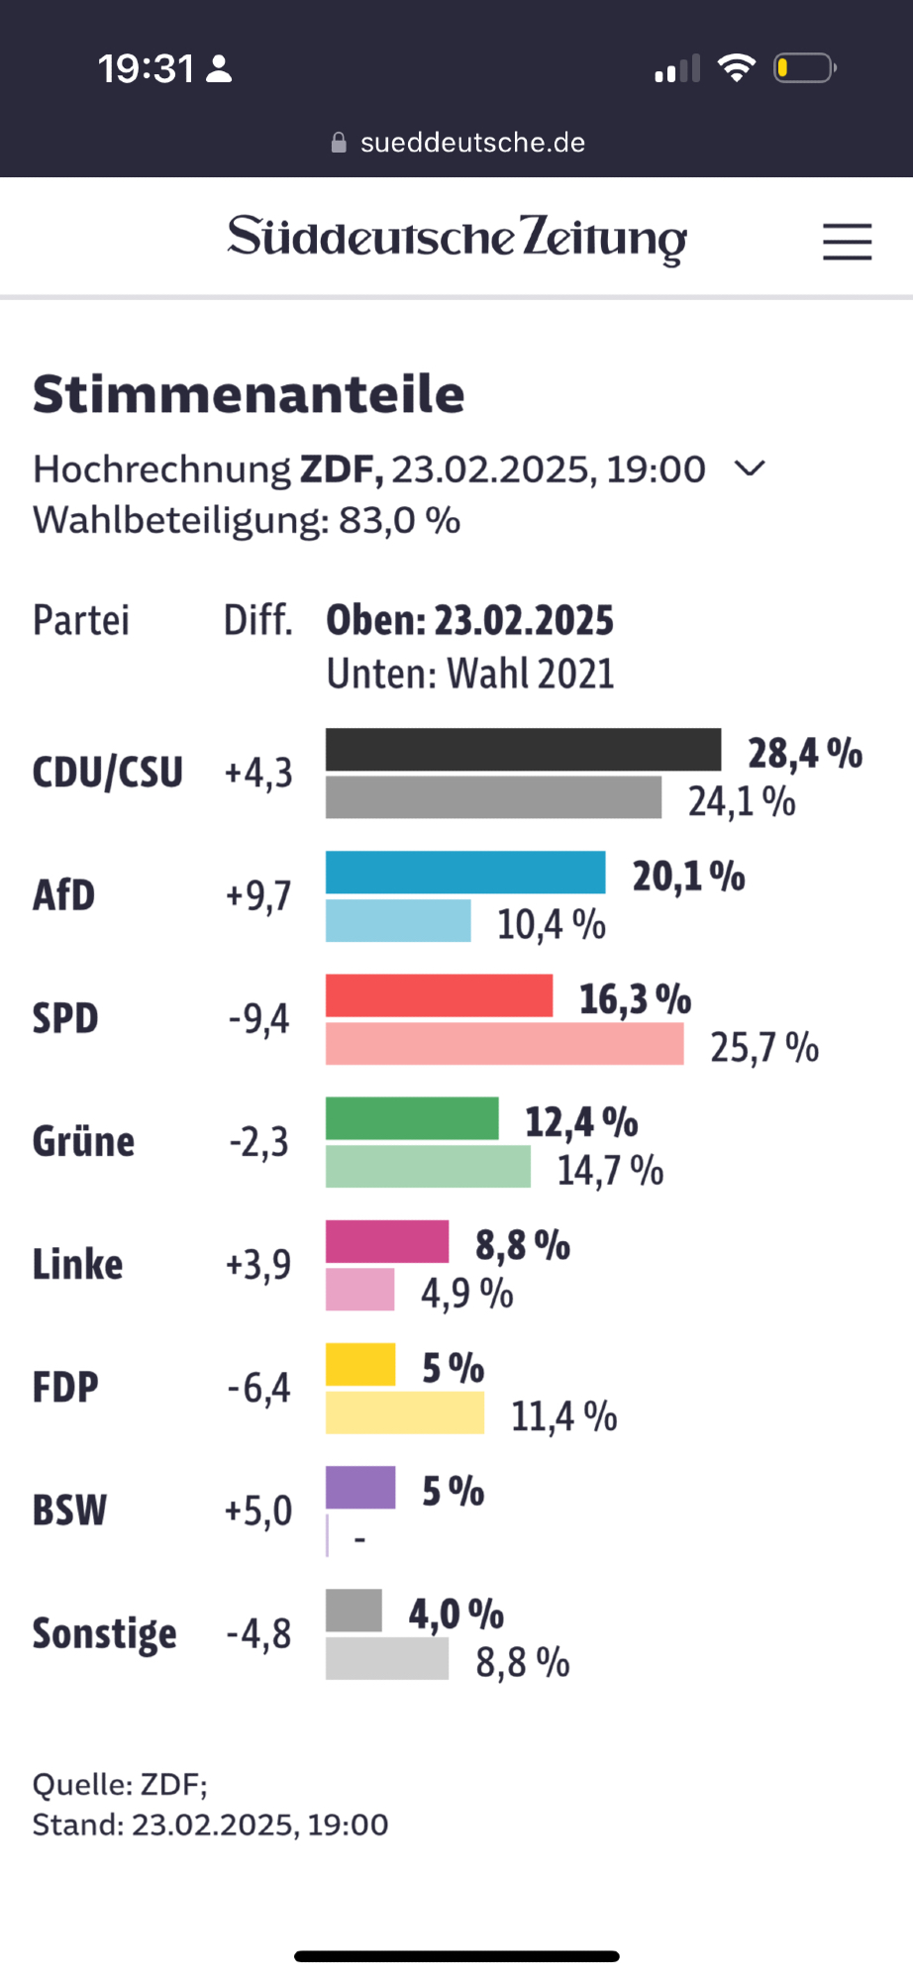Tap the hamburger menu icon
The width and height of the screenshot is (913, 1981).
click(x=847, y=242)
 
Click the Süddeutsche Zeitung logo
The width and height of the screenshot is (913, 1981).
click(x=456, y=239)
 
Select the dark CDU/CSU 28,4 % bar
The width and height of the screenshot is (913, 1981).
click(x=523, y=750)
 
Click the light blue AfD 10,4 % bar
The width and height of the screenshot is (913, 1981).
click(x=398, y=921)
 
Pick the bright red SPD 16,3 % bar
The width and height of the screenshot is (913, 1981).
click(x=439, y=995)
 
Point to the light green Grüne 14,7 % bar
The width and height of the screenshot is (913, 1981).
click(x=428, y=1167)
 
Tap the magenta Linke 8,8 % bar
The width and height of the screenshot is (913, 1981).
click(x=387, y=1242)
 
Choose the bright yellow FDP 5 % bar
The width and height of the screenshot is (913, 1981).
click(x=360, y=1365)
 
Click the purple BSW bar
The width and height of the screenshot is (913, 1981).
click(x=360, y=1488)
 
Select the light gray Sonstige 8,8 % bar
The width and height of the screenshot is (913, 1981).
click(x=387, y=1659)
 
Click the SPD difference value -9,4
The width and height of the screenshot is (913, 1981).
click(x=259, y=1019)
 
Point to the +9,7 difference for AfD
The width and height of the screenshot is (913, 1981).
click(x=258, y=896)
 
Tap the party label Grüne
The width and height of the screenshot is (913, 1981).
click(x=83, y=1142)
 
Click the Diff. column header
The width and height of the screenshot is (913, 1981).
click(x=257, y=621)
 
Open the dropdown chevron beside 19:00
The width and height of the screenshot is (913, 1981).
click(x=750, y=469)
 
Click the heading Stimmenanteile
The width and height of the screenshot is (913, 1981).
click(x=249, y=394)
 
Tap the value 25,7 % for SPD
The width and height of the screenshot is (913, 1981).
click(x=764, y=1047)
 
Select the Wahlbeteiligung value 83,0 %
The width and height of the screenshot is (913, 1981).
click(x=399, y=520)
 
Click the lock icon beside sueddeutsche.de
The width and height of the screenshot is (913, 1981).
click(x=339, y=143)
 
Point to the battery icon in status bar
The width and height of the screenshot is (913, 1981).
click(x=804, y=68)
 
